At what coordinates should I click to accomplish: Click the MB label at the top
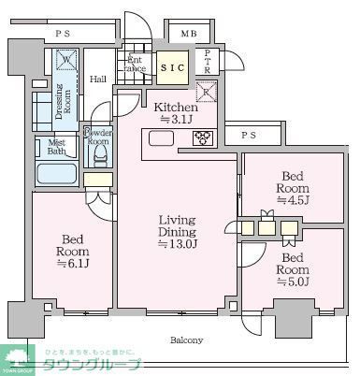pyautogui.click(x=189, y=35)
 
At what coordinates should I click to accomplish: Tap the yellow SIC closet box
pyautogui.click(x=171, y=68)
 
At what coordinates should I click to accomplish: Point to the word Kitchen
pyautogui.click(x=175, y=107)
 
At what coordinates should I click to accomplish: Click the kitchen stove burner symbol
pyautogui.click(x=203, y=139)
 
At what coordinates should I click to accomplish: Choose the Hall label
pyautogui.click(x=98, y=80)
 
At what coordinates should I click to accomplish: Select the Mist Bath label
pyautogui.click(x=56, y=147)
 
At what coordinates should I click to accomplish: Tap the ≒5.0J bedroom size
pyautogui.click(x=294, y=282)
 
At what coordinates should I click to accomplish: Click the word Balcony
pyautogui.click(x=186, y=340)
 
